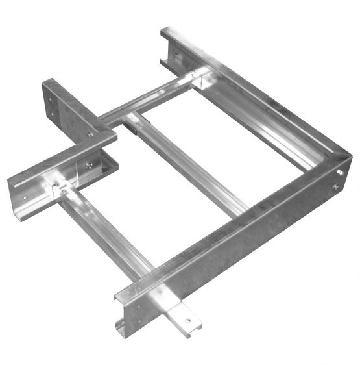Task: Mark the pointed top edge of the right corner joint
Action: click(347, 156)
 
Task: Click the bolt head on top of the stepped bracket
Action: click(90, 135)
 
